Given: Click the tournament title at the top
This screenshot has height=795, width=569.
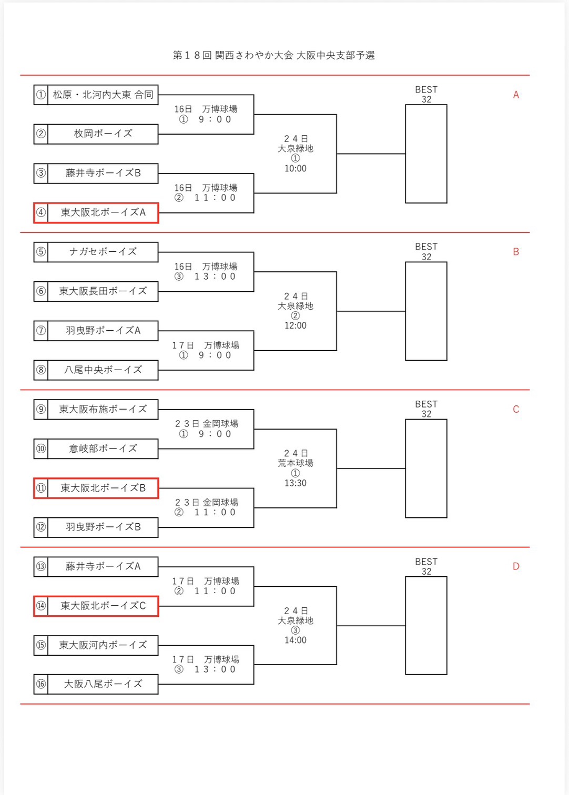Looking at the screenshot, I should point(273,55).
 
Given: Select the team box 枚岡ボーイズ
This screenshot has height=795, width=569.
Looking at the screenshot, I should point(103,134).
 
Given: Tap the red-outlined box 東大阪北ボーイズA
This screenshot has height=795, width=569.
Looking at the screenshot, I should point(103,212).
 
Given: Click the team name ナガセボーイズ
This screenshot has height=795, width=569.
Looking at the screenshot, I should point(103,252).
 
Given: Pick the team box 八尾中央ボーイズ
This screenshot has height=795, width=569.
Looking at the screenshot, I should point(103,370).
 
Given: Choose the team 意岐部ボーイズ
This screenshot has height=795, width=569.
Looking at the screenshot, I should point(103,449).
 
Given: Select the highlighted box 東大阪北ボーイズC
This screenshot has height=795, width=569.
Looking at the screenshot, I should point(103,606).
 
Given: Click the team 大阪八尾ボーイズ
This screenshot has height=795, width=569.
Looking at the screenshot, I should point(103,684).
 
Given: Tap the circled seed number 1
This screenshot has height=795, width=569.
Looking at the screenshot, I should point(41,95).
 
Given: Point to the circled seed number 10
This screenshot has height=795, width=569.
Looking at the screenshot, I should point(41,449).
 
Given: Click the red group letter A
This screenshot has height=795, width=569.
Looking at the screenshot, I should point(516,95).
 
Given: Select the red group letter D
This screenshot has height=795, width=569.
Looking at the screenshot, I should point(516,566).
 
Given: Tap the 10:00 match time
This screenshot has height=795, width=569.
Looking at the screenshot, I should point(295,168).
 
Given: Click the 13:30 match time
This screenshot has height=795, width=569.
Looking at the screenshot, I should point(295,483).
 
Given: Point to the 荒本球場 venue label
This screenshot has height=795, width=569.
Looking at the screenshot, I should point(295,463).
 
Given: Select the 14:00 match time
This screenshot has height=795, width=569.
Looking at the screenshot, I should point(295,640).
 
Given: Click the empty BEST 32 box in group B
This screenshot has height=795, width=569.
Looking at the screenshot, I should point(426,311).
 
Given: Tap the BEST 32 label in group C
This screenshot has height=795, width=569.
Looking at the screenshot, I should point(426,409).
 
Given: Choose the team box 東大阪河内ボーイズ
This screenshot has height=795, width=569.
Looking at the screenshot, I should point(103,645).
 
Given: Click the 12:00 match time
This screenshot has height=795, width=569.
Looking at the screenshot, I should point(295,325).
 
